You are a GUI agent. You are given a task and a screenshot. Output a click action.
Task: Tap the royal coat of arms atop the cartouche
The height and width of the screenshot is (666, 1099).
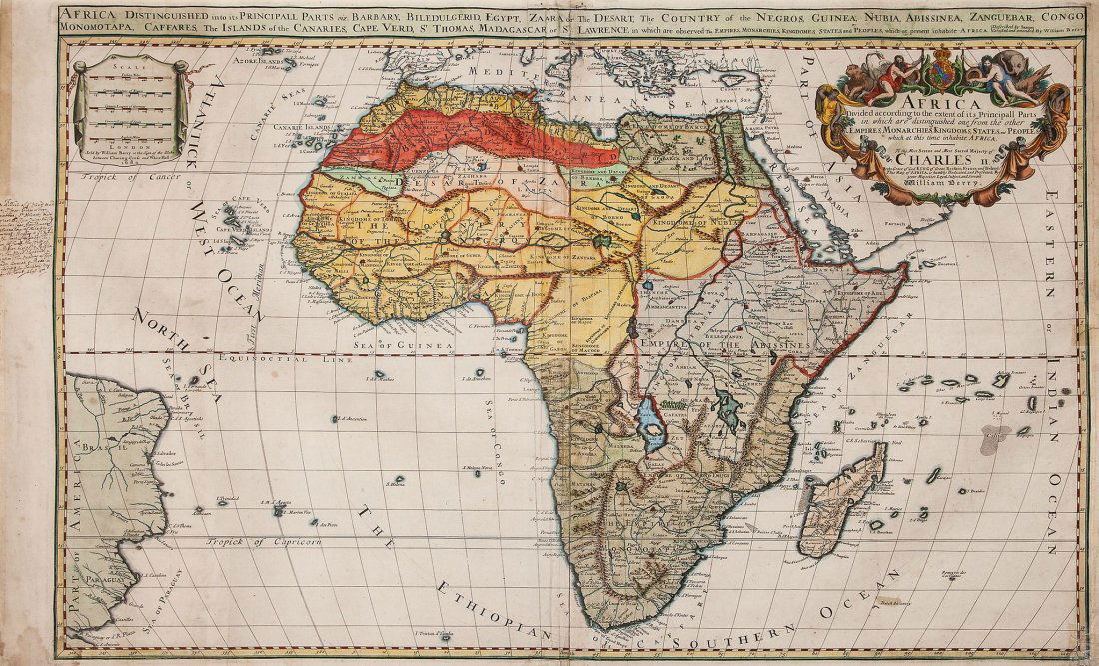pyautogui.click(x=943, y=77)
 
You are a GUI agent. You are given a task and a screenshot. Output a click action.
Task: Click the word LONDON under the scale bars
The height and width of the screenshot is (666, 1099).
pyautogui.click(x=124, y=142)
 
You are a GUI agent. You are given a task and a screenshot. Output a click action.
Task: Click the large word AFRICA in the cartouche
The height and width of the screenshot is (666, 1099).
pyautogui.click(x=940, y=102)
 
